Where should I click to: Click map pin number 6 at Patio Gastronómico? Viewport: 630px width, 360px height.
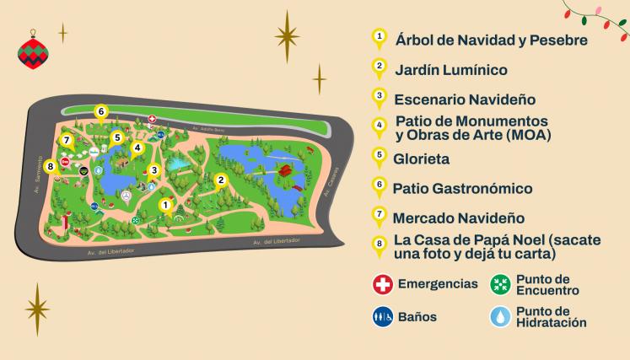coord(100,111)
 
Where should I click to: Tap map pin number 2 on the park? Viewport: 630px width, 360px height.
coord(221,180)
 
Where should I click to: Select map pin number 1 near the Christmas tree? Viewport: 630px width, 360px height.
coord(166,204)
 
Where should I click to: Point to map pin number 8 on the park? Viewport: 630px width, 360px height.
coord(51,167)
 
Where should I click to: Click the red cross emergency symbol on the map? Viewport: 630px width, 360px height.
coord(152,120)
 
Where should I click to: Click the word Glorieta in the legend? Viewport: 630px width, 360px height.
coord(422,158)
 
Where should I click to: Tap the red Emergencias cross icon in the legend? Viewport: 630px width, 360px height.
coord(382,283)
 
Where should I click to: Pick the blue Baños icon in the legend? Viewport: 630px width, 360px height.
coord(382,317)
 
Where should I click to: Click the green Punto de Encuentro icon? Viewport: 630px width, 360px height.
coord(501,283)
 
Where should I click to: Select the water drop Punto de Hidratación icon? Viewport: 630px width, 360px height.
coord(501,317)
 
